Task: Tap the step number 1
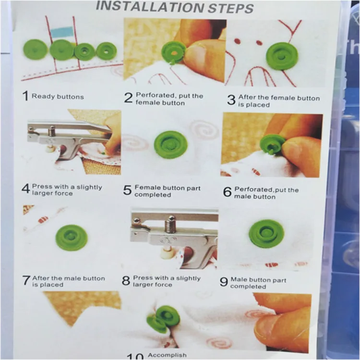(x=25, y=96)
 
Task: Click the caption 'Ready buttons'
(x=58, y=96)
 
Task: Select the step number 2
(x=128, y=98)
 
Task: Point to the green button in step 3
(x=282, y=56)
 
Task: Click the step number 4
(x=26, y=189)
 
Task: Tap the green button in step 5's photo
(x=170, y=144)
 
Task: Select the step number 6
(x=228, y=192)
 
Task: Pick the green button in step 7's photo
(x=72, y=238)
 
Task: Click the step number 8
(x=126, y=281)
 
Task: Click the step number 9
(x=224, y=282)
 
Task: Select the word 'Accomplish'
(x=167, y=355)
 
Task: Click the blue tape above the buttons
(x=61, y=32)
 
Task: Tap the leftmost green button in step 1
(x=36, y=50)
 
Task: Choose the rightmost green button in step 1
(x=106, y=51)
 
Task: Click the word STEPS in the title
(x=230, y=9)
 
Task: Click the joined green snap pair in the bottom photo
(x=163, y=319)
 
